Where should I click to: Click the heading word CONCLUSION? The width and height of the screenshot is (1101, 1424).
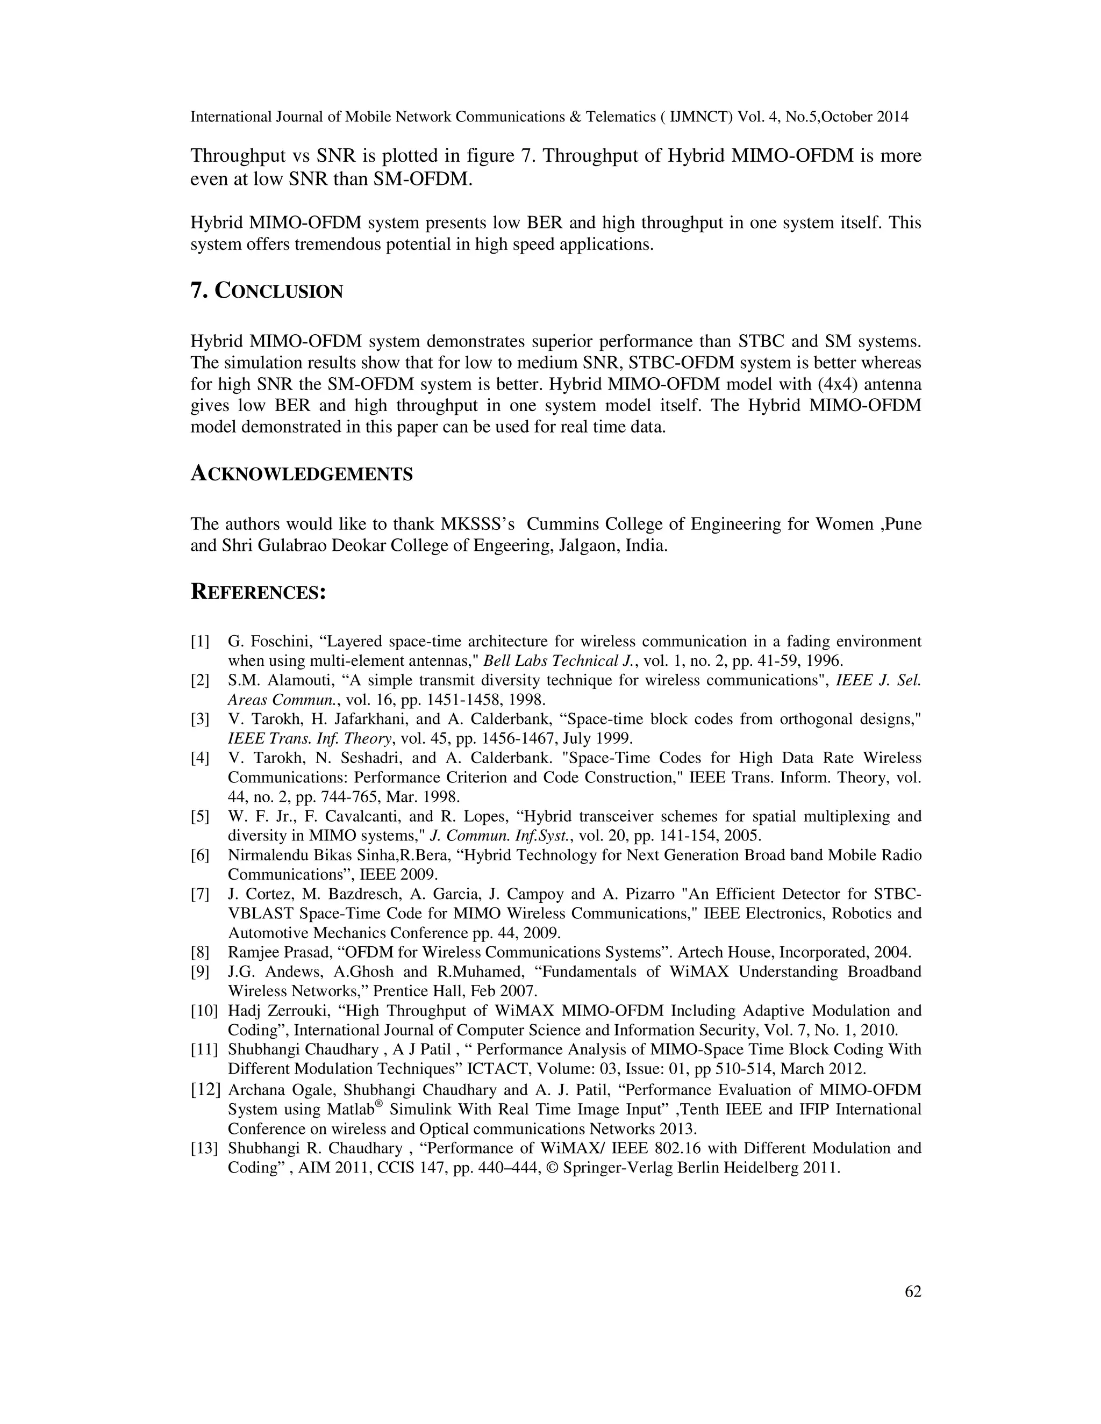278,291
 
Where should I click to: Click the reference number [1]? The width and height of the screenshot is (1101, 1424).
199,642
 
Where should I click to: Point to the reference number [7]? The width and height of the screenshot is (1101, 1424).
199,894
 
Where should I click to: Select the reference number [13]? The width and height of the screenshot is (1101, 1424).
204,1148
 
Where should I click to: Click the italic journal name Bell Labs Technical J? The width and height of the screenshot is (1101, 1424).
560,661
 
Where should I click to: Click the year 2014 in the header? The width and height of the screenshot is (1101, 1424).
892,117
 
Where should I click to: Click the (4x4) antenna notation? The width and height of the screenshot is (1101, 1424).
839,384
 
